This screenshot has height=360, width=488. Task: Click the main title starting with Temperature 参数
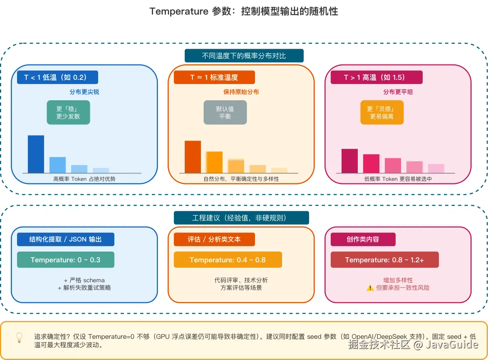(244, 11)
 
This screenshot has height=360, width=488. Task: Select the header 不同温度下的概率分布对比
(244, 56)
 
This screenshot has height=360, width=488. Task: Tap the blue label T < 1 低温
(57, 77)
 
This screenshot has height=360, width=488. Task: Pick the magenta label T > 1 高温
(376, 77)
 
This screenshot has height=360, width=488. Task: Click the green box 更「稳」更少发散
(68, 112)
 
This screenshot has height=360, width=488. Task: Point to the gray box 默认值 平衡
(225, 112)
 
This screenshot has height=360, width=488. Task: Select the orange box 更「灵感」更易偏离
(382, 112)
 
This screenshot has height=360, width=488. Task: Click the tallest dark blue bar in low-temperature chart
(36, 154)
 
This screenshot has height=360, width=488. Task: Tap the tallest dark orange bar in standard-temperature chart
(193, 157)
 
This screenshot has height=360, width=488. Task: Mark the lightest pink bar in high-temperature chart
(436, 168)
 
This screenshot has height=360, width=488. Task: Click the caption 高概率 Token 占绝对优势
(84, 179)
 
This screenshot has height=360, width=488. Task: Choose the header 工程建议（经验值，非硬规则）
(241, 218)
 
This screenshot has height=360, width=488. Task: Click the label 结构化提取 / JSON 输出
(65, 239)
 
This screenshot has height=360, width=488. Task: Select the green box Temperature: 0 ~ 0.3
(65, 260)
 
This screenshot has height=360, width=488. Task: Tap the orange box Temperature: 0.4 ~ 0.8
(228, 260)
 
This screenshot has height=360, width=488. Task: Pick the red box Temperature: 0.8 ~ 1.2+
(384, 260)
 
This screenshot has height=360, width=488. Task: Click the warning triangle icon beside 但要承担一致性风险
(370, 288)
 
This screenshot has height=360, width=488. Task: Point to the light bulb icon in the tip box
(19, 337)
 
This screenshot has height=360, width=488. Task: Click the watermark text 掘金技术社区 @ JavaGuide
(413, 345)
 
